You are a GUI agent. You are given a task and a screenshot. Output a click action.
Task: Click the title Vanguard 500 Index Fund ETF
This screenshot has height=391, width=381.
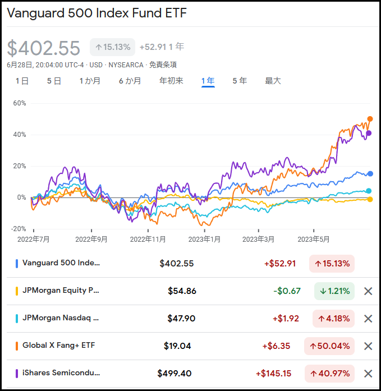pos(97,13)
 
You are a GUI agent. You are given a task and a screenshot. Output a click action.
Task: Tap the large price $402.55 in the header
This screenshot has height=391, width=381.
pos(44,48)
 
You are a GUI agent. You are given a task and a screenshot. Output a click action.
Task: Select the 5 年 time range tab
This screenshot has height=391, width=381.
pos(240,81)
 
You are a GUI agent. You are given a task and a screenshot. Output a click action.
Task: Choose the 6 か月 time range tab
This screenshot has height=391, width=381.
pos(130,81)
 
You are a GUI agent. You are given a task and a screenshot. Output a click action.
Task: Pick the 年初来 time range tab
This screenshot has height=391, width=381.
pos(171,81)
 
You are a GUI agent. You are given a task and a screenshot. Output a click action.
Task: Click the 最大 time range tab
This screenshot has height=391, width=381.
pos(273,81)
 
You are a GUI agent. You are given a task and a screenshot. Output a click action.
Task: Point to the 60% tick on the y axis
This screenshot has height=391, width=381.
pos(20,103)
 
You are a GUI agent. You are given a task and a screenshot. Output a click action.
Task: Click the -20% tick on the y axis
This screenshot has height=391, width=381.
pos(19,229)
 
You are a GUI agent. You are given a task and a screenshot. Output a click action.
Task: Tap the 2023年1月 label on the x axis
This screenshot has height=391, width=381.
pos(204,239)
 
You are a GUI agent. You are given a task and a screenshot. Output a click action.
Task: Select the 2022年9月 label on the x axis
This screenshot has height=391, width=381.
pos(91,239)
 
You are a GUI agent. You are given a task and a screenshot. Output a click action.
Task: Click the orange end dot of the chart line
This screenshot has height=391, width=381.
pos(370,119)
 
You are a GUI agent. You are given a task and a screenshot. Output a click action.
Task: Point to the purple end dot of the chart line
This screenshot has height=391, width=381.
pos(369,133)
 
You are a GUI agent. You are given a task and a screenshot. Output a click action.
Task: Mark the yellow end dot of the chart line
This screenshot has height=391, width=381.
pos(370,199)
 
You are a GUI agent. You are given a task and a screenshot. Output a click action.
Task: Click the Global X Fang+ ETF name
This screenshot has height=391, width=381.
pos(58,346)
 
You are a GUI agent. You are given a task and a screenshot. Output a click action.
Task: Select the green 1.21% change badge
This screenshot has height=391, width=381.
pos(334,291)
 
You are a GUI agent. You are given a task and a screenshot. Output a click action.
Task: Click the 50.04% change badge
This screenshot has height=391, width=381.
pos(329,346)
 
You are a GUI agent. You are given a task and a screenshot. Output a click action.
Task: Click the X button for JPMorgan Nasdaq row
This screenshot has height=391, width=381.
pos(368,319)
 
